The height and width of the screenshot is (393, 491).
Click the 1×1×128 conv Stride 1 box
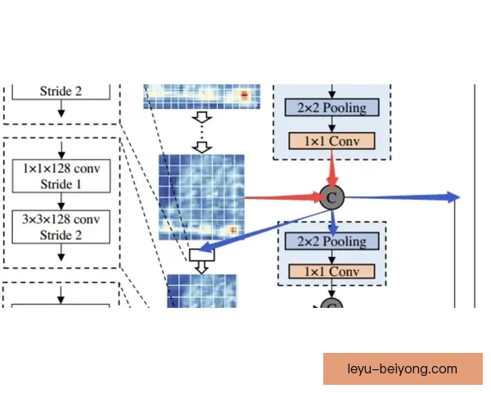[61, 176]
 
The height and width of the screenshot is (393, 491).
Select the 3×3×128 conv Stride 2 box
[61, 227]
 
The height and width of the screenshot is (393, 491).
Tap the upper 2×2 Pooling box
[332, 107]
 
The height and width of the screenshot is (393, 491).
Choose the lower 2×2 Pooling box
[332, 241]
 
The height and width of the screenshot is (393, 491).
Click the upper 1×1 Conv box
[332, 141]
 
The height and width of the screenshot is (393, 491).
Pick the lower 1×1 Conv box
[332, 271]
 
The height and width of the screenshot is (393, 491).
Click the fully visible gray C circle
[332, 197]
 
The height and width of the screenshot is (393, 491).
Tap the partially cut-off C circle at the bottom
[332, 303]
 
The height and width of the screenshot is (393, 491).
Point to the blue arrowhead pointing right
[453, 197]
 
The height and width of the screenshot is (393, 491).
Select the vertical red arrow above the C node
[332, 169]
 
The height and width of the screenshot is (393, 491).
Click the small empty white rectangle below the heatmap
[202, 255]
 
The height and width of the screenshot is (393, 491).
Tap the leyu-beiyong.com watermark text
[403, 368]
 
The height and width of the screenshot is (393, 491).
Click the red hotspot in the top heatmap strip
[244, 95]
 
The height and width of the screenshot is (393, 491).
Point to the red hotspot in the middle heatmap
[233, 231]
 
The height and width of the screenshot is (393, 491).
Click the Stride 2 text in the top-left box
[61, 91]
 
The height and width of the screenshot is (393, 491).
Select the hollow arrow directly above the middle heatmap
[202, 147]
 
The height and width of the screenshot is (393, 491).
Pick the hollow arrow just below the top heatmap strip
[202, 117]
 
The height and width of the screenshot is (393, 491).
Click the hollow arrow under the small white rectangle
[202, 268]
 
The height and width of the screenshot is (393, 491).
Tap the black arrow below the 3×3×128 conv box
[61, 252]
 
